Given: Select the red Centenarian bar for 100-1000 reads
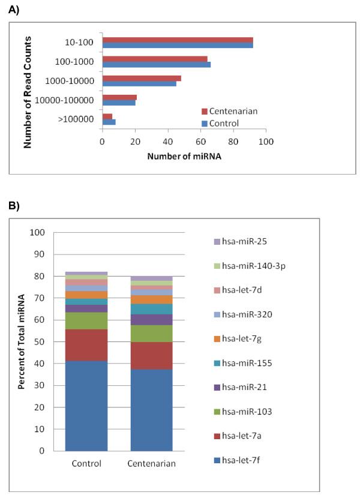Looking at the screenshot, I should pos(155,58).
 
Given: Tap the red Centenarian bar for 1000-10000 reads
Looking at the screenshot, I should pos(142,78).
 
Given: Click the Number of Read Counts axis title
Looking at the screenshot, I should pos(28,92).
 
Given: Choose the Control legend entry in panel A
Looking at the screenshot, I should pos(223,123).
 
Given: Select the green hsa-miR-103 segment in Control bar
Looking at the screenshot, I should pos(86,321).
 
